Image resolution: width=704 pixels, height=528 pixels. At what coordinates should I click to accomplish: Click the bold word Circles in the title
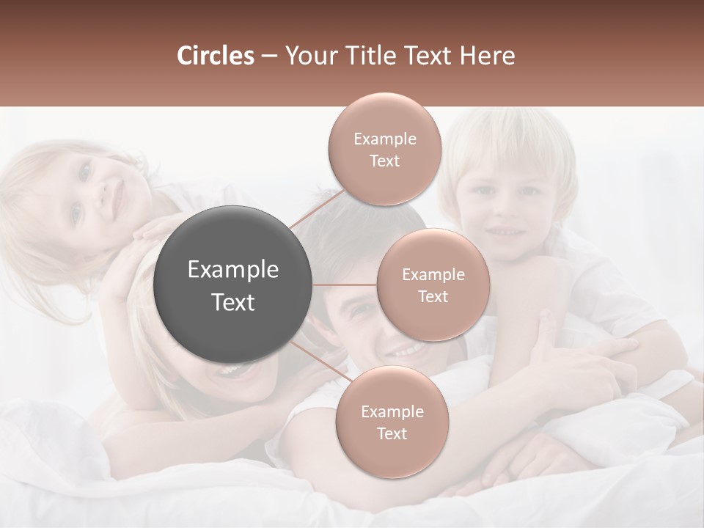(x=215, y=56)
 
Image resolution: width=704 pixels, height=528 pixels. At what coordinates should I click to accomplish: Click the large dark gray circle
(x=233, y=285)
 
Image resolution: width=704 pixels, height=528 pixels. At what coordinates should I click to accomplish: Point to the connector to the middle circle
(x=345, y=285)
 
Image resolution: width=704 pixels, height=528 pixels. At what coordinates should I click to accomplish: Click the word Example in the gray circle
(x=233, y=270)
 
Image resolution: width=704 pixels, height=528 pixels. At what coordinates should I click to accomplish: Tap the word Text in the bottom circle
(x=392, y=434)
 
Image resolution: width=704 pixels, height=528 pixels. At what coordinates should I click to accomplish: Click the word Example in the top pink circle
(x=384, y=139)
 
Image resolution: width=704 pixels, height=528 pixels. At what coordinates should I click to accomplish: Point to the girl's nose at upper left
(x=100, y=192)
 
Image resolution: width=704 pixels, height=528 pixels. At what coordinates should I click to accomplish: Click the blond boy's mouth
(x=506, y=230)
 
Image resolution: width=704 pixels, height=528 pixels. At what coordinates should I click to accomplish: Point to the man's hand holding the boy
(x=579, y=359)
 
